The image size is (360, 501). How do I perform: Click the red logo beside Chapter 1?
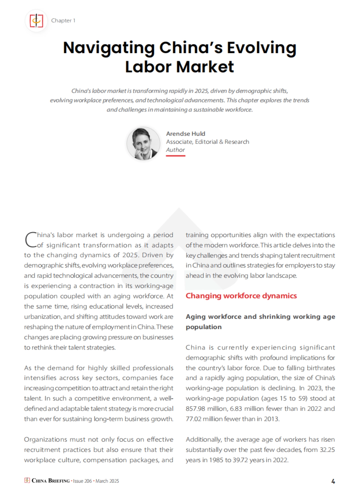click(x=36, y=21)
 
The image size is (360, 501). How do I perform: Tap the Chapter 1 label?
click(x=63, y=20)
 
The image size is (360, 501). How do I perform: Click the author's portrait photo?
click(x=143, y=143)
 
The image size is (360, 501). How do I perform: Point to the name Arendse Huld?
click(x=185, y=133)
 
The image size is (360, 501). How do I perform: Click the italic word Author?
click(x=175, y=150)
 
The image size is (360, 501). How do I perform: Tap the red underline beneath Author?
click(x=175, y=156)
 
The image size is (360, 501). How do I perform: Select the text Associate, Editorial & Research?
click(x=207, y=142)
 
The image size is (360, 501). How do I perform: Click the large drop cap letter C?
click(x=30, y=240)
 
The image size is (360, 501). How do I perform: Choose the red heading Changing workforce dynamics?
click(x=241, y=296)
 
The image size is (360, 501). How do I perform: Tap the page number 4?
click(x=333, y=481)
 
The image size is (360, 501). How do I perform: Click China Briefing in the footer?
click(x=50, y=481)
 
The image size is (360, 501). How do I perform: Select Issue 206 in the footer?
click(x=82, y=481)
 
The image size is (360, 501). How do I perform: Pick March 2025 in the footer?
click(x=107, y=481)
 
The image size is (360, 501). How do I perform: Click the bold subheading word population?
click(x=203, y=327)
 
